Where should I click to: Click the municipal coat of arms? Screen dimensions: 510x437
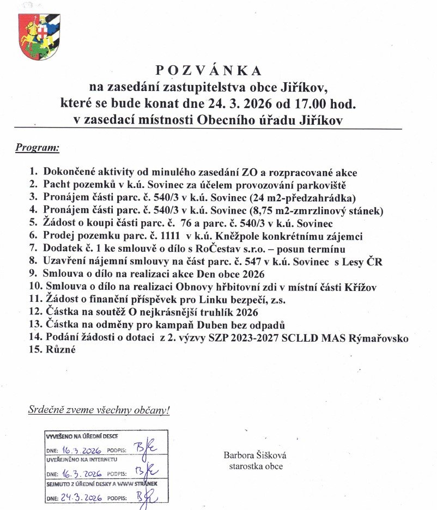[x=39, y=37]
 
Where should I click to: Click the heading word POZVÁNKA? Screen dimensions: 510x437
[x=209, y=70]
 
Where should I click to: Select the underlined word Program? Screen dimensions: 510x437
[x=38, y=147]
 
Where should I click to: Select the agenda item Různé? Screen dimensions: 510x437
[x=62, y=350]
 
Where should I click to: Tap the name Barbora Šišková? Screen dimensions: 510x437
[x=255, y=456]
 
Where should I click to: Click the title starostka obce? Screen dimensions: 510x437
[x=256, y=466]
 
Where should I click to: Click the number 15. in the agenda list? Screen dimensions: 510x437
[x=36, y=350]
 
